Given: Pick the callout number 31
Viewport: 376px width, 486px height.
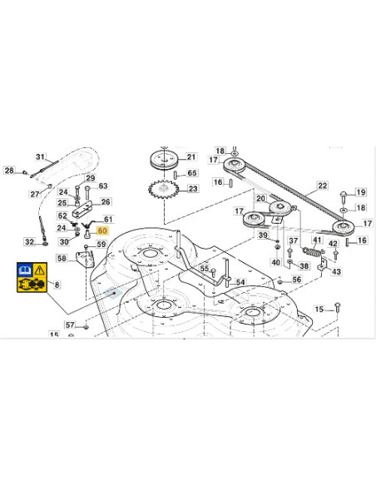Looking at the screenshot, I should [x=41, y=157].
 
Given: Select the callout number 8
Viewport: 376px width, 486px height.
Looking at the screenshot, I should [x=57, y=285].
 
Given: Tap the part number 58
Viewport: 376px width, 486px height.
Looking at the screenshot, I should [x=62, y=259].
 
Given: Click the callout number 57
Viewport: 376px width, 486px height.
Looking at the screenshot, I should [x=70, y=325].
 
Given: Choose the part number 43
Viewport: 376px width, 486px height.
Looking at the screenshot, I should [x=336, y=271].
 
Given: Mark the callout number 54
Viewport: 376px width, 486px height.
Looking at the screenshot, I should [x=240, y=283].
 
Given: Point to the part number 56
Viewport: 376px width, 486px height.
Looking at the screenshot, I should [x=296, y=280].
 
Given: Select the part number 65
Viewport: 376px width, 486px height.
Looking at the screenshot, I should [x=192, y=173].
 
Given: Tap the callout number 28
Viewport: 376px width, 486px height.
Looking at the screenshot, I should [x=9, y=171].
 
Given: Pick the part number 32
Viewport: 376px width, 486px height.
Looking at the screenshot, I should [x=30, y=242].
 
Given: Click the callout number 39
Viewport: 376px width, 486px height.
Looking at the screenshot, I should [x=263, y=236].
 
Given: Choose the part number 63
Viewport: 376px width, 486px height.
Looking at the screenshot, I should [x=103, y=186].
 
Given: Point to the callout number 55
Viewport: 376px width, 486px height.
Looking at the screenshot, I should [x=205, y=268].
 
